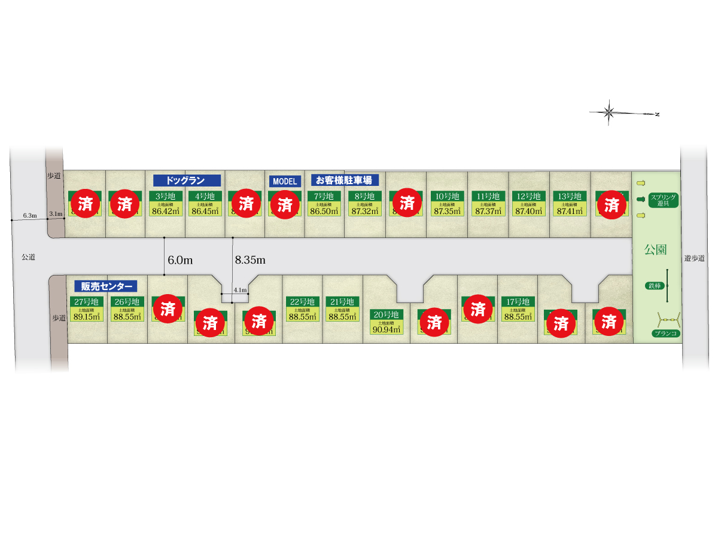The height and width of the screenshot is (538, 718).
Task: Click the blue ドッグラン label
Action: [x=187, y=180]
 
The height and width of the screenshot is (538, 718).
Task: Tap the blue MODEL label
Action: [x=284, y=181]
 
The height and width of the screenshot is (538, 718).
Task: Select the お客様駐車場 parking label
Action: [x=345, y=180]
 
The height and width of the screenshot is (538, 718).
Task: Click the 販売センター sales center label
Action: [x=105, y=286]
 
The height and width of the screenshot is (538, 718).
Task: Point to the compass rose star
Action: [x=609, y=112]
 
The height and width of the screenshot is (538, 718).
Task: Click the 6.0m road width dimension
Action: [x=180, y=261]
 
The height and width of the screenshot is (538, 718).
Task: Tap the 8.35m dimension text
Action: [x=250, y=260]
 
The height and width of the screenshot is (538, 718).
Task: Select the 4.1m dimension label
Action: [x=240, y=290]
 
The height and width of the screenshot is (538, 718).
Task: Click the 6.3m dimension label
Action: [x=30, y=215]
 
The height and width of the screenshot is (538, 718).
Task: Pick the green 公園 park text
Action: [x=656, y=249]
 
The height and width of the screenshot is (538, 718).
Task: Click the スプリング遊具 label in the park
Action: [x=663, y=200]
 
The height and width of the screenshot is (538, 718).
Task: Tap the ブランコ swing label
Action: [x=665, y=334]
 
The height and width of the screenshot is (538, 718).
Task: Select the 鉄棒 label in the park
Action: [x=653, y=286]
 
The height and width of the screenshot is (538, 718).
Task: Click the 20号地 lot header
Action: [x=386, y=314]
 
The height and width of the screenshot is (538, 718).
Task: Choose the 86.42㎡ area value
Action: [x=165, y=210]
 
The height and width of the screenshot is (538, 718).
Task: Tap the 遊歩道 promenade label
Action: [x=694, y=259]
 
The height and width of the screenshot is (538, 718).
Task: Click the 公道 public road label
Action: [x=28, y=257]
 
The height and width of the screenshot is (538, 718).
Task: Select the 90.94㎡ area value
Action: [x=386, y=329]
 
